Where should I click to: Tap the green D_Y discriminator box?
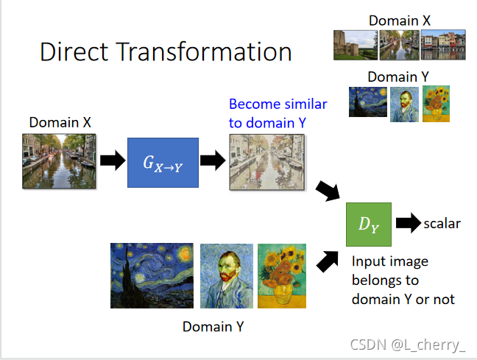(x=368, y=224)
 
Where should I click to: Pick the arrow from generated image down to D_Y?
(x=328, y=191)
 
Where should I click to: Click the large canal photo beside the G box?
(x=59, y=160)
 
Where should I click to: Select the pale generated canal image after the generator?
(x=266, y=162)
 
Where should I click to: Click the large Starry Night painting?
(x=152, y=275)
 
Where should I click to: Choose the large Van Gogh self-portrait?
(x=225, y=275)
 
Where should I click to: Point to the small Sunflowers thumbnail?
(x=436, y=103)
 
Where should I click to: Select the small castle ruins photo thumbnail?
(x=355, y=44)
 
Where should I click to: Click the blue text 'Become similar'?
(x=278, y=104)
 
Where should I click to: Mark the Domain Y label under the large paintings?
(x=213, y=325)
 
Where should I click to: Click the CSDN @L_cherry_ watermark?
(x=407, y=345)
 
